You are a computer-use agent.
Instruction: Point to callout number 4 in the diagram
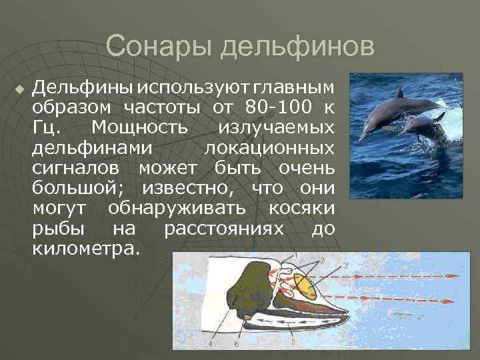[x=209, y=345]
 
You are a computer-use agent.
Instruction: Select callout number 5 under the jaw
[x=293, y=341]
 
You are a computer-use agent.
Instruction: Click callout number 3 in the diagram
[x=345, y=266]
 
